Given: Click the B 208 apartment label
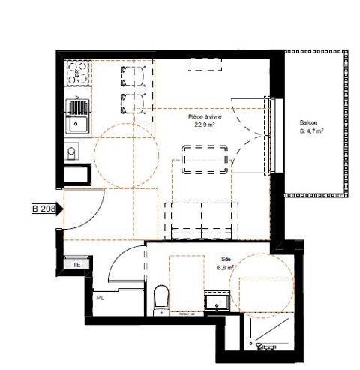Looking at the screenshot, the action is (44, 209).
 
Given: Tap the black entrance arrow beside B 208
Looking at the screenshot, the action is (59, 209).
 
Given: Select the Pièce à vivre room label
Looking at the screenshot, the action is (205, 117).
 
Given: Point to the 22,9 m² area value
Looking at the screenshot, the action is (205, 125).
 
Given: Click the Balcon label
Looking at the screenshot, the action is (309, 122).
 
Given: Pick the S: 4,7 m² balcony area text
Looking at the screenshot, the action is (312, 131).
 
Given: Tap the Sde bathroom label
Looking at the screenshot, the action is (226, 259).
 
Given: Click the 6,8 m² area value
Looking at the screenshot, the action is (226, 268).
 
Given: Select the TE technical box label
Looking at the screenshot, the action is (76, 265).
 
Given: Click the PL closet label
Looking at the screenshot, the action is (100, 298).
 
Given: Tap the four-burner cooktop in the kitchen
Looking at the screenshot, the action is (77, 73).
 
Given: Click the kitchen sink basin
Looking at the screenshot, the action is (77, 124).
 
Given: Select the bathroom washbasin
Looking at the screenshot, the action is (217, 302).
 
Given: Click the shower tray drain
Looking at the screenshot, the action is (251, 344).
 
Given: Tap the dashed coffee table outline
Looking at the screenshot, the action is (205, 159).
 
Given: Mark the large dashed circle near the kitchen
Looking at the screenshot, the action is (95, 155).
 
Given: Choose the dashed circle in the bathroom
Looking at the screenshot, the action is (230, 285).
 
